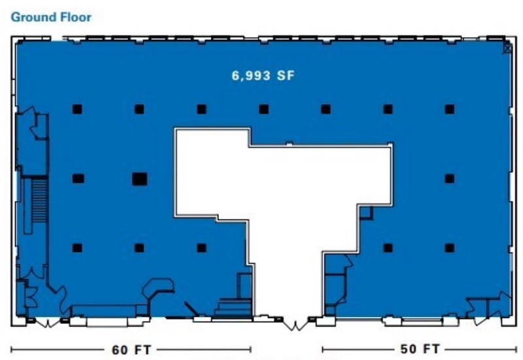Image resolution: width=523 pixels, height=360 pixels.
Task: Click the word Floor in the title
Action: tap(75, 17)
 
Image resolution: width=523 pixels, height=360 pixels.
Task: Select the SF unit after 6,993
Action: tap(286, 75)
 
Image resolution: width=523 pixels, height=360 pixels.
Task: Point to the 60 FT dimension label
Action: tap(131, 350)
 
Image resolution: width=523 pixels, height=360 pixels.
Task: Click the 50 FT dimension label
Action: tap(420, 349)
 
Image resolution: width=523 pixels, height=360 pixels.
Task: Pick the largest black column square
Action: tap(139, 179)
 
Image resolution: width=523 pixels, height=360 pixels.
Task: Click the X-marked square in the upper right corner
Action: tap(507, 48)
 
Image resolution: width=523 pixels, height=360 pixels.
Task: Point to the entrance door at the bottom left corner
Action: tap(47, 322)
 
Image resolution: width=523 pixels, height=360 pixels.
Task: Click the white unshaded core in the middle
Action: tap(284, 200)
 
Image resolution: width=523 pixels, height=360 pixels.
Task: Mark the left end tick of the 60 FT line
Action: tap(12, 350)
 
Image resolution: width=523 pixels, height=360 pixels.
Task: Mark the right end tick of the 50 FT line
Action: tap(516, 349)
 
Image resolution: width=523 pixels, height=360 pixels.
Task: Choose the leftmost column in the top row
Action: tap(77, 109)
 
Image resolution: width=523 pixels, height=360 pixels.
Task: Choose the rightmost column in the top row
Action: tap(450, 109)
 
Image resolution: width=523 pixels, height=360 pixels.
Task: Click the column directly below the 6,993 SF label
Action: tap(264, 109)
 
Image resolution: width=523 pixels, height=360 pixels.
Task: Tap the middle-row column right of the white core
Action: tap(450, 179)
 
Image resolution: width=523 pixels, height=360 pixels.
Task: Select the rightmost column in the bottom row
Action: tap(450, 248)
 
